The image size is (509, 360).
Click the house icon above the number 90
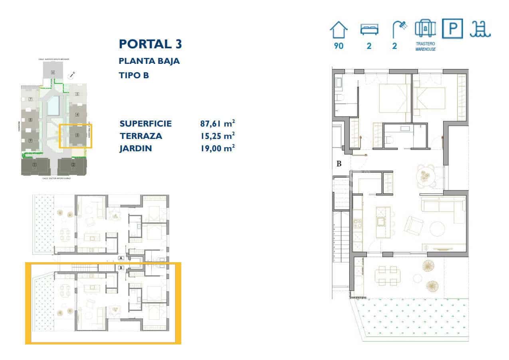(339, 30)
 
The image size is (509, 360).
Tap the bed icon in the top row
(369, 30)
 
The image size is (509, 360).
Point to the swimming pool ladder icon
(480, 30)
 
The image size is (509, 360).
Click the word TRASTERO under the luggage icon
(425, 44)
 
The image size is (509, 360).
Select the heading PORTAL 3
(151, 44)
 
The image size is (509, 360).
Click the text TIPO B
(134, 75)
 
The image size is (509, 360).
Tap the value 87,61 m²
(217, 123)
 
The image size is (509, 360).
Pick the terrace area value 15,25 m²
(217, 136)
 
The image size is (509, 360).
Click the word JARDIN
(136, 148)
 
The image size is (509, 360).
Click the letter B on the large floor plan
(339, 163)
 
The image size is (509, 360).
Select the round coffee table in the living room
(437, 229)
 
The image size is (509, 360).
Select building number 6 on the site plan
(53, 73)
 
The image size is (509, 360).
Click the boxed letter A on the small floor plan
(121, 258)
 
